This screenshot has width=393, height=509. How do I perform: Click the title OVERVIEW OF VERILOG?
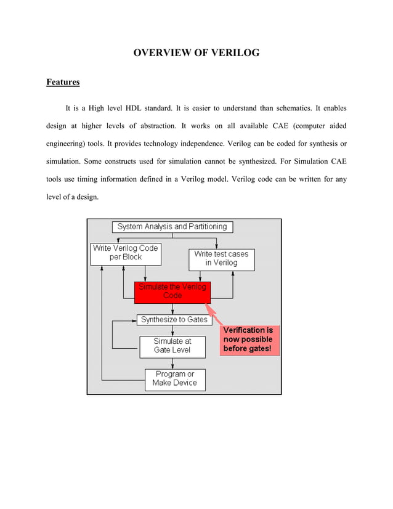pyautogui.click(x=197, y=54)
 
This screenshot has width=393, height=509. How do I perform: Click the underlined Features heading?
pyautogui.click(x=63, y=82)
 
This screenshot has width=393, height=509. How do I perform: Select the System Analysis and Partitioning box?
pyautogui.click(x=172, y=227)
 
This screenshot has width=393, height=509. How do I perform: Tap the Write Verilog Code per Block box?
pyautogui.click(x=126, y=253)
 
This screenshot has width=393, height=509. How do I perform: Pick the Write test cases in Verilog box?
pyautogui.click(x=221, y=259)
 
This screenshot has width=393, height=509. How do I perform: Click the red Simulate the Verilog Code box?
pyautogui.click(x=172, y=291)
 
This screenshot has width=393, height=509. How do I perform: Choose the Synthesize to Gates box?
pyautogui.click(x=174, y=320)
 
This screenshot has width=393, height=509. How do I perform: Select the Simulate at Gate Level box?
pyautogui.click(x=172, y=346)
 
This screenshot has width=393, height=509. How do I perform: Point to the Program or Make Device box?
pyautogui.click(x=175, y=379)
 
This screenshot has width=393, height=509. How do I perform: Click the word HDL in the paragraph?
pyautogui.click(x=133, y=108)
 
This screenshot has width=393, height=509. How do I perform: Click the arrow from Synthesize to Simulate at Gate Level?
pyautogui.click(x=172, y=330)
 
